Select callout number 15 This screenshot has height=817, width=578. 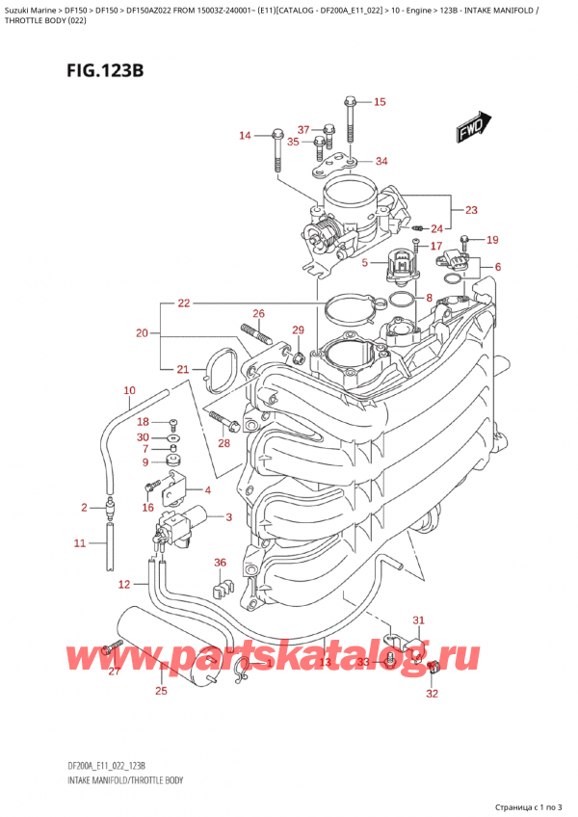tap(379, 102)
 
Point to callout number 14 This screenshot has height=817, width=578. tap(245, 136)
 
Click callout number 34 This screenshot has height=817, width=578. tap(381, 161)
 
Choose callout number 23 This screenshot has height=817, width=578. tap(470, 210)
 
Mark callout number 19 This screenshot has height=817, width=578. tap(492, 240)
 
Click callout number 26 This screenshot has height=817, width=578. tap(258, 313)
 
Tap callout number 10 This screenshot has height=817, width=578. tap(129, 390)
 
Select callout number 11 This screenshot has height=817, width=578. tap(80, 544)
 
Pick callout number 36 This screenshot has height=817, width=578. tap(220, 564)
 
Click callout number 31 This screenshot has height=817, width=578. tap(417, 619)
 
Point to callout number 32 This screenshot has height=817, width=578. tap(432, 693)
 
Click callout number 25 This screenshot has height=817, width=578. tap(160, 691)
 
